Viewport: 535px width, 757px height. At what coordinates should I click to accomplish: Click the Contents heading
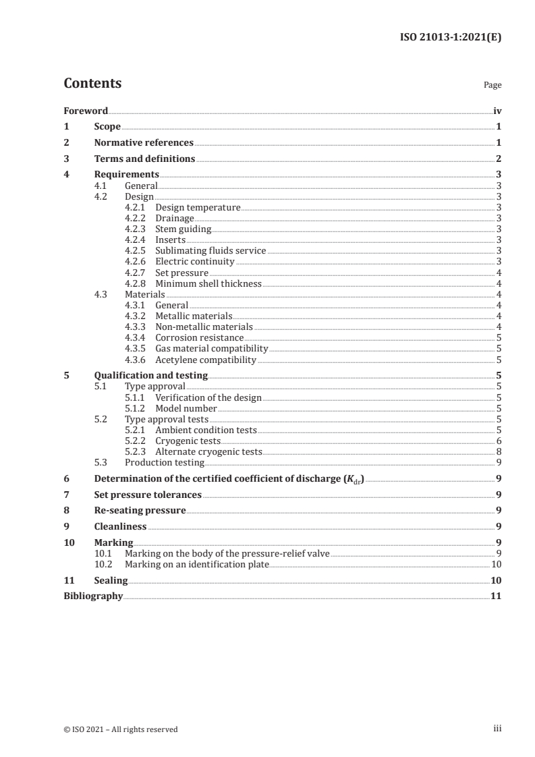coord(92,84)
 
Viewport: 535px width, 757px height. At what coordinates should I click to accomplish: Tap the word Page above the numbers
coord(492,86)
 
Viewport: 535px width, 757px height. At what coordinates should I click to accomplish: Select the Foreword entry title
coord(86,111)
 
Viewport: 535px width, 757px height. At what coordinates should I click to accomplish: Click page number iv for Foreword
coord(497,111)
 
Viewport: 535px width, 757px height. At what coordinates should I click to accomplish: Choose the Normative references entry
coord(144,142)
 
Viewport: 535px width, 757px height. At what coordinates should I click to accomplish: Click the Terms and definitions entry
coord(144,159)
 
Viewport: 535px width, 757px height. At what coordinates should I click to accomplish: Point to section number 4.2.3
coord(137,229)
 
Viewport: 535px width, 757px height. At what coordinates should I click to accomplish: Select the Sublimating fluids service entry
coord(210,250)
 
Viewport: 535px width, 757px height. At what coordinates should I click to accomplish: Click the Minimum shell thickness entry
coord(208,283)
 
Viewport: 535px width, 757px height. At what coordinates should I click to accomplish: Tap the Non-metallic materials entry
coord(204,327)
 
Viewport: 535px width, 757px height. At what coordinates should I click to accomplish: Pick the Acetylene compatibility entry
coord(205,360)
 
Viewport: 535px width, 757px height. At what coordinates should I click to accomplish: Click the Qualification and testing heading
coord(150,375)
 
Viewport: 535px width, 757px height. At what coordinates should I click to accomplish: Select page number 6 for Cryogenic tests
coord(498,441)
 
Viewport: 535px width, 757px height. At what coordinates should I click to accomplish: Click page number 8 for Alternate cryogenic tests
coord(498,451)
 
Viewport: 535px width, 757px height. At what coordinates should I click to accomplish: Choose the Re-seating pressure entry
coord(140,510)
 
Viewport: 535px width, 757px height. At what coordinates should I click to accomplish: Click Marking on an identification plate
coord(197,564)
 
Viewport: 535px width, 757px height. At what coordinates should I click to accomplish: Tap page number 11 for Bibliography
coord(496,596)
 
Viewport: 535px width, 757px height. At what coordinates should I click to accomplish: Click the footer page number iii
coord(497,729)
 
